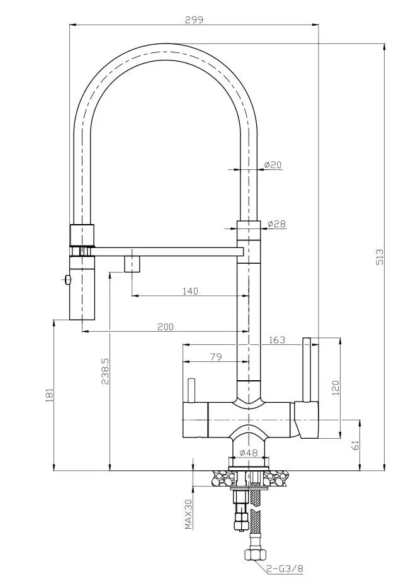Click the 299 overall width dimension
tap(194, 19)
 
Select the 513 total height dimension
tap(379, 257)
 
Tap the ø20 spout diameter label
tap(273, 165)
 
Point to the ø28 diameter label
tap(276, 223)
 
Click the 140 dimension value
tap(189, 291)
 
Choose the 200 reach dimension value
tap(166, 326)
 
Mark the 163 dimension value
tap(276, 340)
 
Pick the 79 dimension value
tap(215, 357)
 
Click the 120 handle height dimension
tap(336, 386)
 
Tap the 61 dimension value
tap(356, 446)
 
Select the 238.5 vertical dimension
tap(105, 371)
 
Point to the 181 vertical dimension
tap(50, 395)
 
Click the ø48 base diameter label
tap(250, 453)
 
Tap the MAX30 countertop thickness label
tap(188, 514)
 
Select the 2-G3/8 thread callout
tap(284, 570)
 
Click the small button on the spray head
tap(65, 279)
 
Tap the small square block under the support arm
tap(132, 262)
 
